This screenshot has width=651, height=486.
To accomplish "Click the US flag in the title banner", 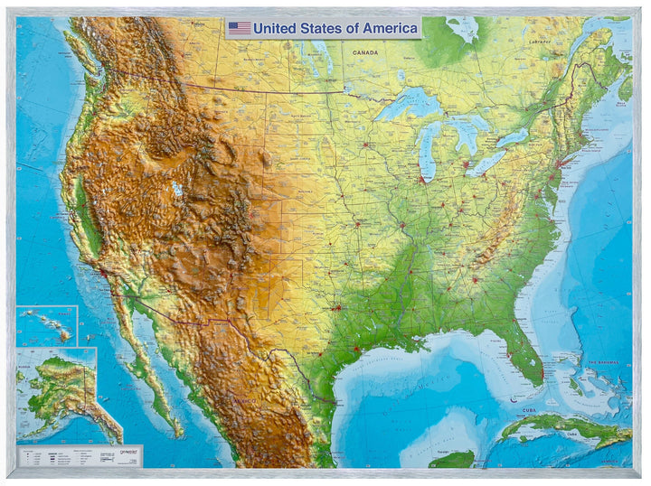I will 239,28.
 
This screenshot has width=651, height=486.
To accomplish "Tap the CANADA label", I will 366,52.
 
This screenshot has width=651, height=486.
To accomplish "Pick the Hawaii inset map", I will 47,325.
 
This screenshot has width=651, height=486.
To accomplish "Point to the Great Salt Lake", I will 176,189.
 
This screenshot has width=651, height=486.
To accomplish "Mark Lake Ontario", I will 512,137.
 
